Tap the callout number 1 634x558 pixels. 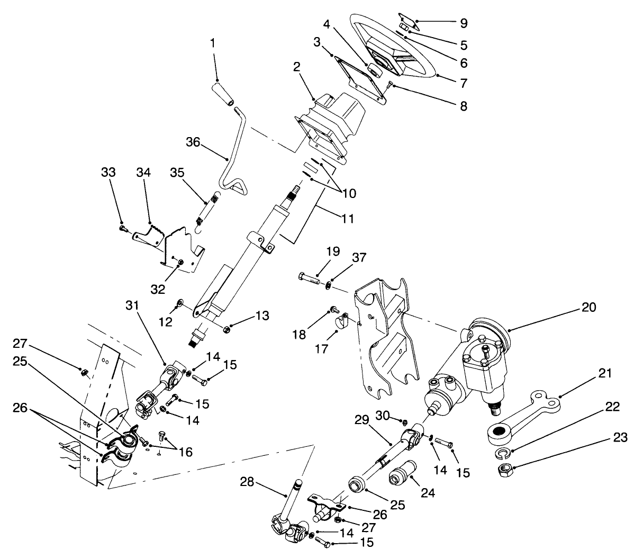[x=213, y=43]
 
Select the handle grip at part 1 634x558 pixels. [x=225, y=94]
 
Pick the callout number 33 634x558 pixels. [x=108, y=173]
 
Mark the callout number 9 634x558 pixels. [x=464, y=23]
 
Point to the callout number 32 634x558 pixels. [x=158, y=289]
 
